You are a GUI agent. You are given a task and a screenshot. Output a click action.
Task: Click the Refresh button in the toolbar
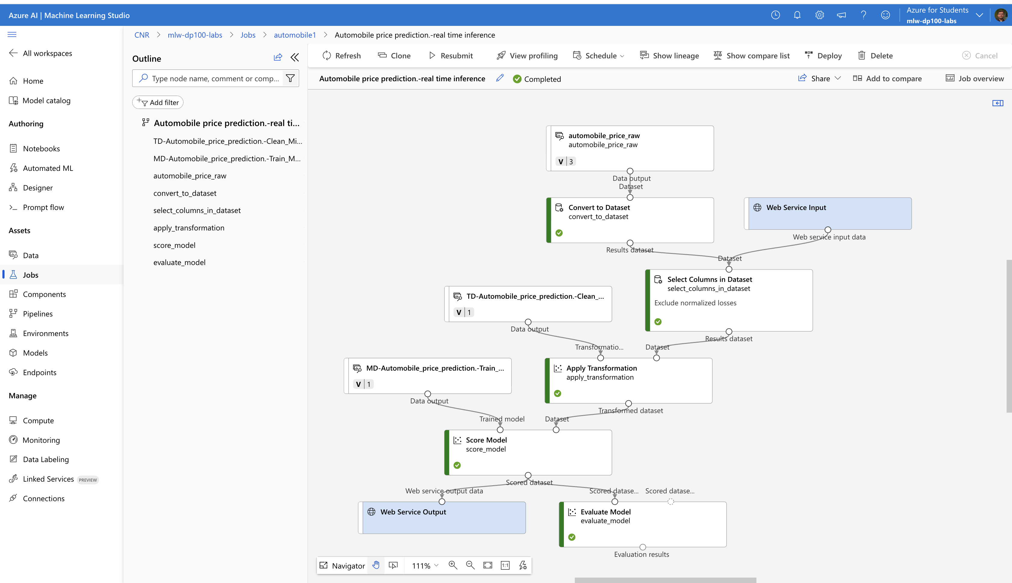point(342,56)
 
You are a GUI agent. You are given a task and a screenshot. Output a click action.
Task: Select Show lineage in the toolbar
point(669,56)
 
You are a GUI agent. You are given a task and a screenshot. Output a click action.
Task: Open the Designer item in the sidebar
point(38,188)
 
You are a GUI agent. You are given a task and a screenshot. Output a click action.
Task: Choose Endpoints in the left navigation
point(39,372)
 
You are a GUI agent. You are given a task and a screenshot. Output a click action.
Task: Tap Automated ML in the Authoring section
point(48,168)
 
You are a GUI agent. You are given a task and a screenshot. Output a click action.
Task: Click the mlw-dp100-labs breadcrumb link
point(195,35)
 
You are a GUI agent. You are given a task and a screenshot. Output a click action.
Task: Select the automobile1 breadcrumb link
point(295,35)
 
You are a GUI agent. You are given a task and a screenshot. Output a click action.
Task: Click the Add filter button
point(158,103)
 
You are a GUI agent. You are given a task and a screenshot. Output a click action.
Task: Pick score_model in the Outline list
point(174,245)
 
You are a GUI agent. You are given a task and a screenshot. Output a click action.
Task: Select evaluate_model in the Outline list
point(179,262)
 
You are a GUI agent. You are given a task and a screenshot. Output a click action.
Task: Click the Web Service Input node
point(828,213)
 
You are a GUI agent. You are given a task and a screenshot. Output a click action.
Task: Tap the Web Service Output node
point(442,518)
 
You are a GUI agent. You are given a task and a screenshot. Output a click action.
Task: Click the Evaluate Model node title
point(606,512)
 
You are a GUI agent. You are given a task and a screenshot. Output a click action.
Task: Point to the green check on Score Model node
point(457,465)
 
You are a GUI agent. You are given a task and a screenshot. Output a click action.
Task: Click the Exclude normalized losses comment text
point(695,303)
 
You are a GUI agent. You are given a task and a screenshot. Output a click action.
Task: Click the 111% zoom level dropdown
point(425,565)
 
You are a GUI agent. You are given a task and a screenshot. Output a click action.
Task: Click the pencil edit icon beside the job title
point(499,79)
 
